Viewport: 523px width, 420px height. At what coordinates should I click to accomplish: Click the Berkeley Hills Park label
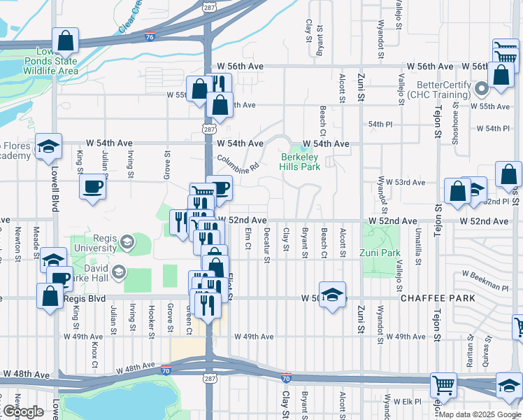tap(300, 163)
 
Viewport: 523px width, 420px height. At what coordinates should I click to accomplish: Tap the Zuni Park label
tap(379, 253)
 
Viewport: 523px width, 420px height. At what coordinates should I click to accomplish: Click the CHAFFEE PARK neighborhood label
tap(438, 298)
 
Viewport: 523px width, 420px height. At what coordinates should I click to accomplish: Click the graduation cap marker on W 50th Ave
tap(332, 293)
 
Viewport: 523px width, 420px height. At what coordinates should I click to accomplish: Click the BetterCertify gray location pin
tap(482, 89)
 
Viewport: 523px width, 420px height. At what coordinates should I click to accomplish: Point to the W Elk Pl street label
tap(407, 402)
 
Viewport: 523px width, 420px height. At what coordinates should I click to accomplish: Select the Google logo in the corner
tap(22, 412)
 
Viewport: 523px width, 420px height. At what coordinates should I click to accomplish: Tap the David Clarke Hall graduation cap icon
tap(118, 271)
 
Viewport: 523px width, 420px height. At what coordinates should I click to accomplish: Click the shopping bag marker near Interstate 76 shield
tap(65, 41)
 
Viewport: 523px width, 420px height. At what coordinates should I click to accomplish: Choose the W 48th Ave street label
tap(25, 375)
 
